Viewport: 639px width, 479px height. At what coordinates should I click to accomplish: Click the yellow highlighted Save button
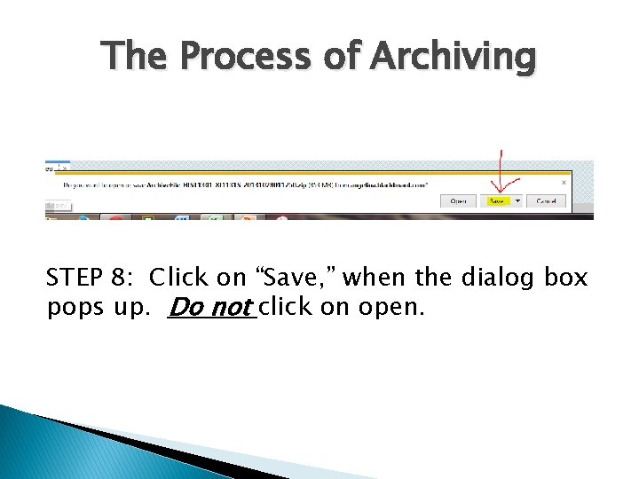tap(497, 201)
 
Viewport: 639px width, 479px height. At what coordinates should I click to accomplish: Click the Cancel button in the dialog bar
tap(545, 201)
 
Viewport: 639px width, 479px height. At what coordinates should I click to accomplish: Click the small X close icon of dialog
tap(564, 183)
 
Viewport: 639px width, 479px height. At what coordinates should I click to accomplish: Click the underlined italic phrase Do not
tap(210, 308)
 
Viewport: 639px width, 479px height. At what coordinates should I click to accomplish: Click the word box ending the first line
tap(567, 279)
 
